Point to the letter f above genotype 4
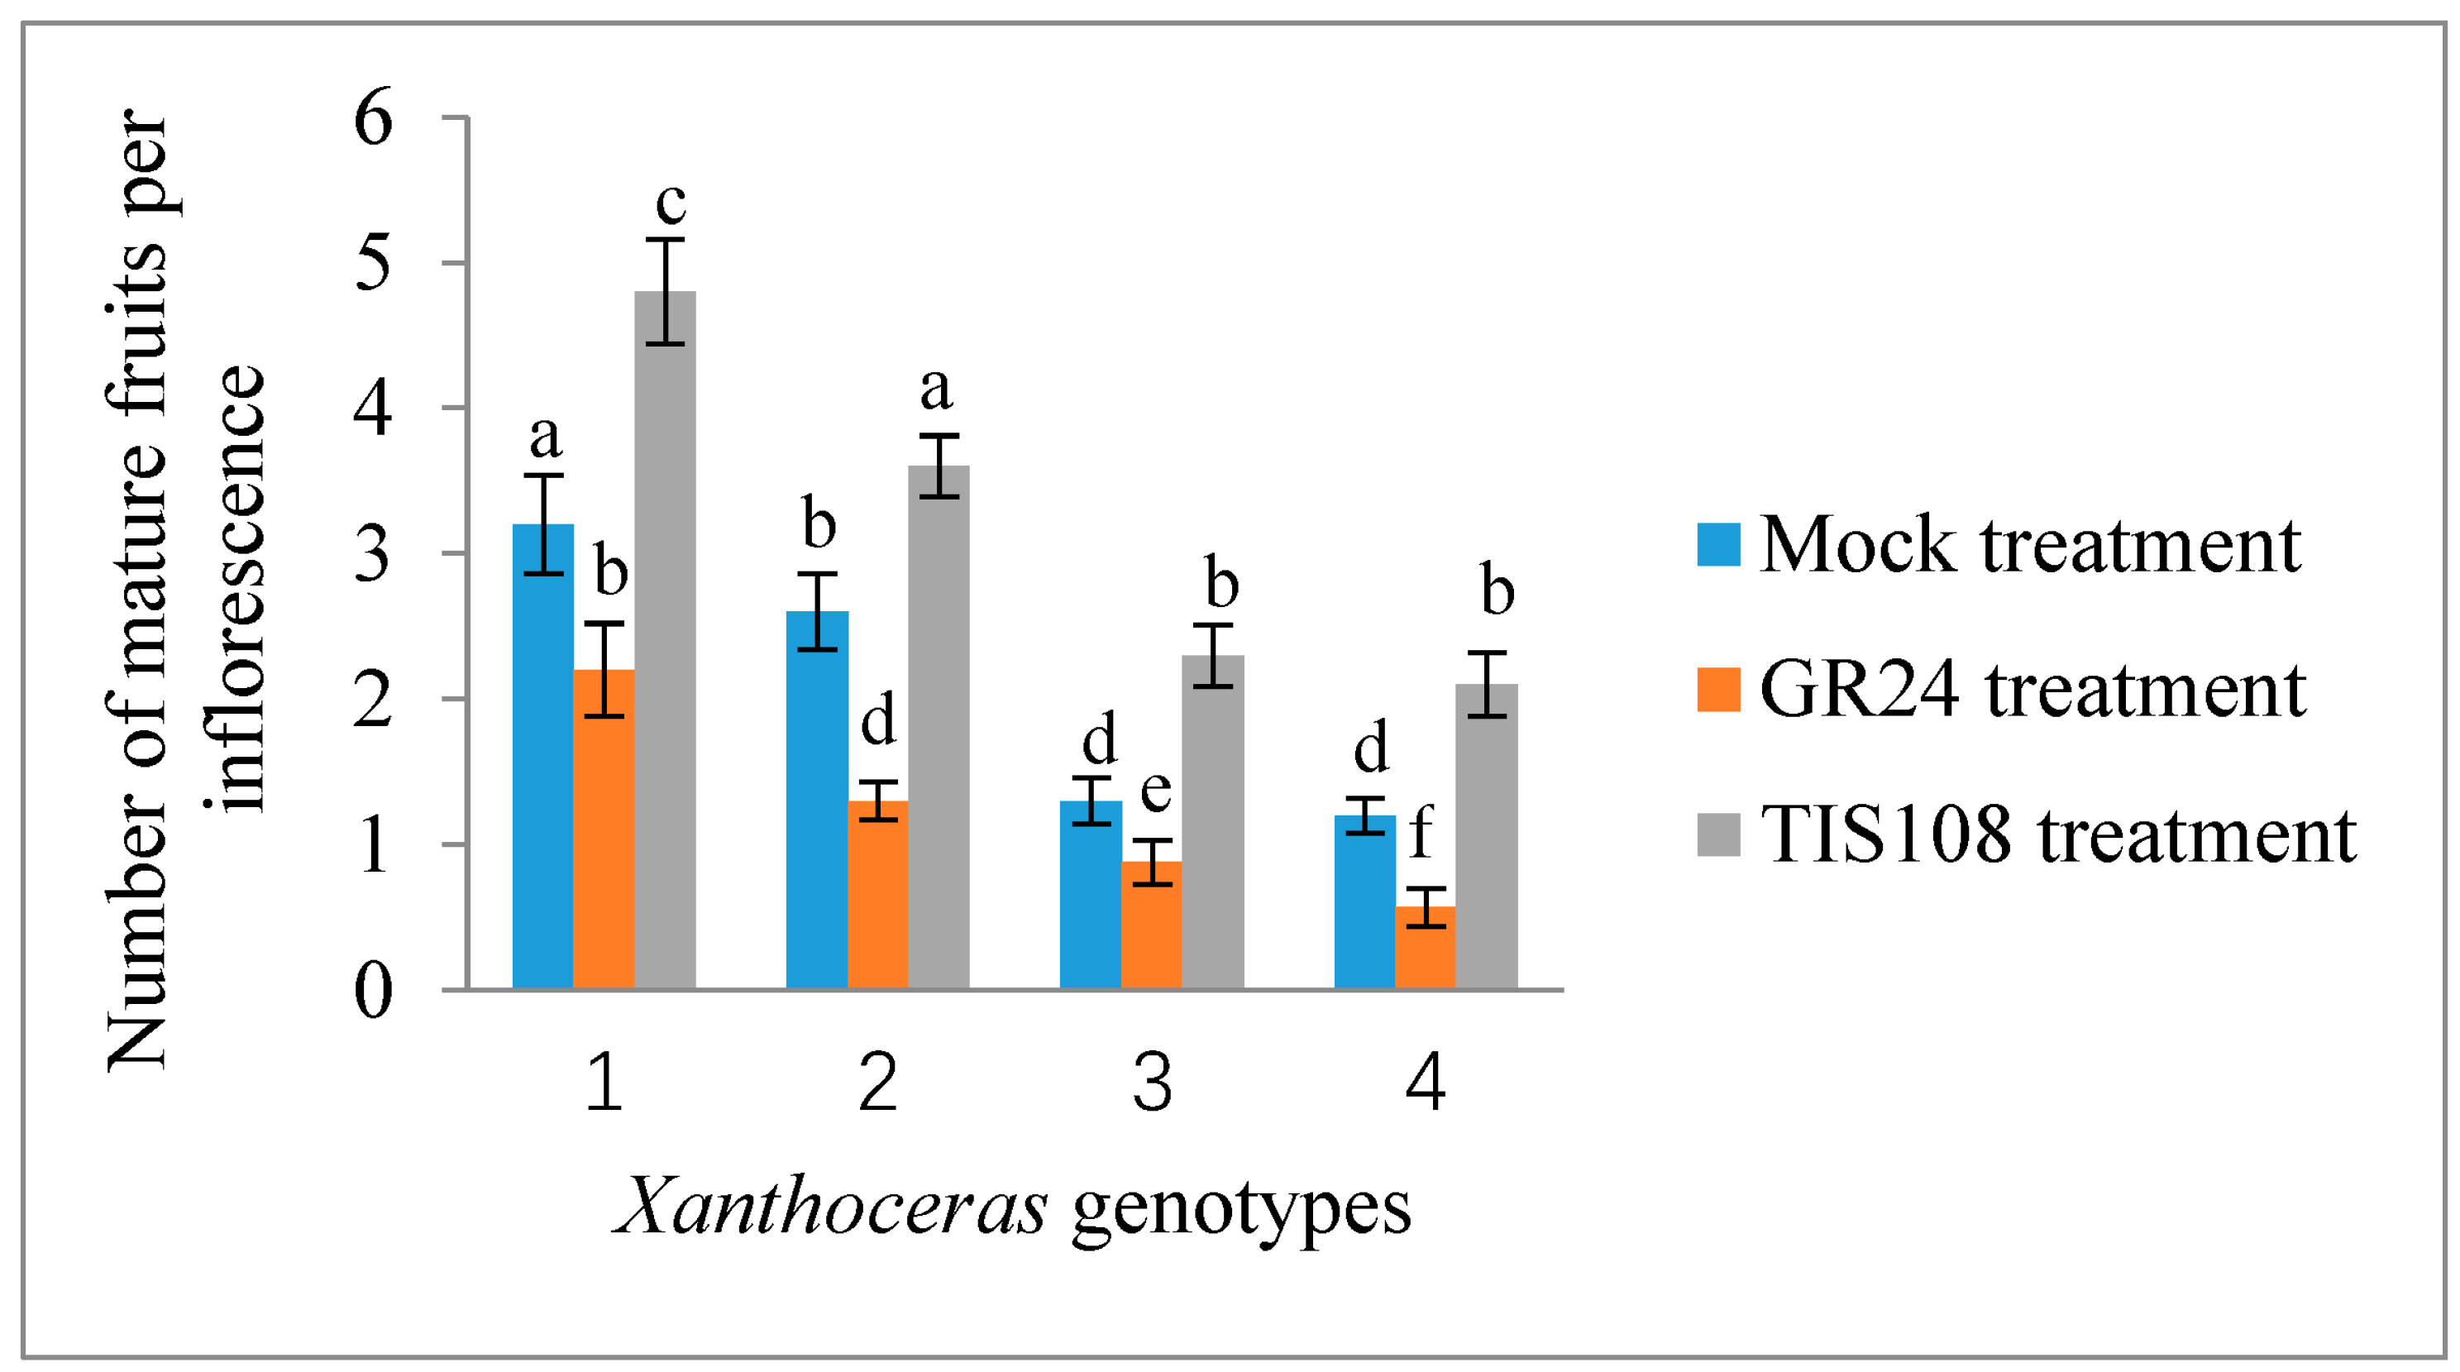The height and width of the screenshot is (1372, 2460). coord(1421,830)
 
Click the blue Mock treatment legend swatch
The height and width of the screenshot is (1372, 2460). coord(1718,545)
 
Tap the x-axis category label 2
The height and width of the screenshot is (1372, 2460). coord(877,1083)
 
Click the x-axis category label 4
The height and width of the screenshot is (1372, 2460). coord(1425,1083)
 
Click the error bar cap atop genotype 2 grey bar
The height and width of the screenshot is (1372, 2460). coord(939,436)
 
